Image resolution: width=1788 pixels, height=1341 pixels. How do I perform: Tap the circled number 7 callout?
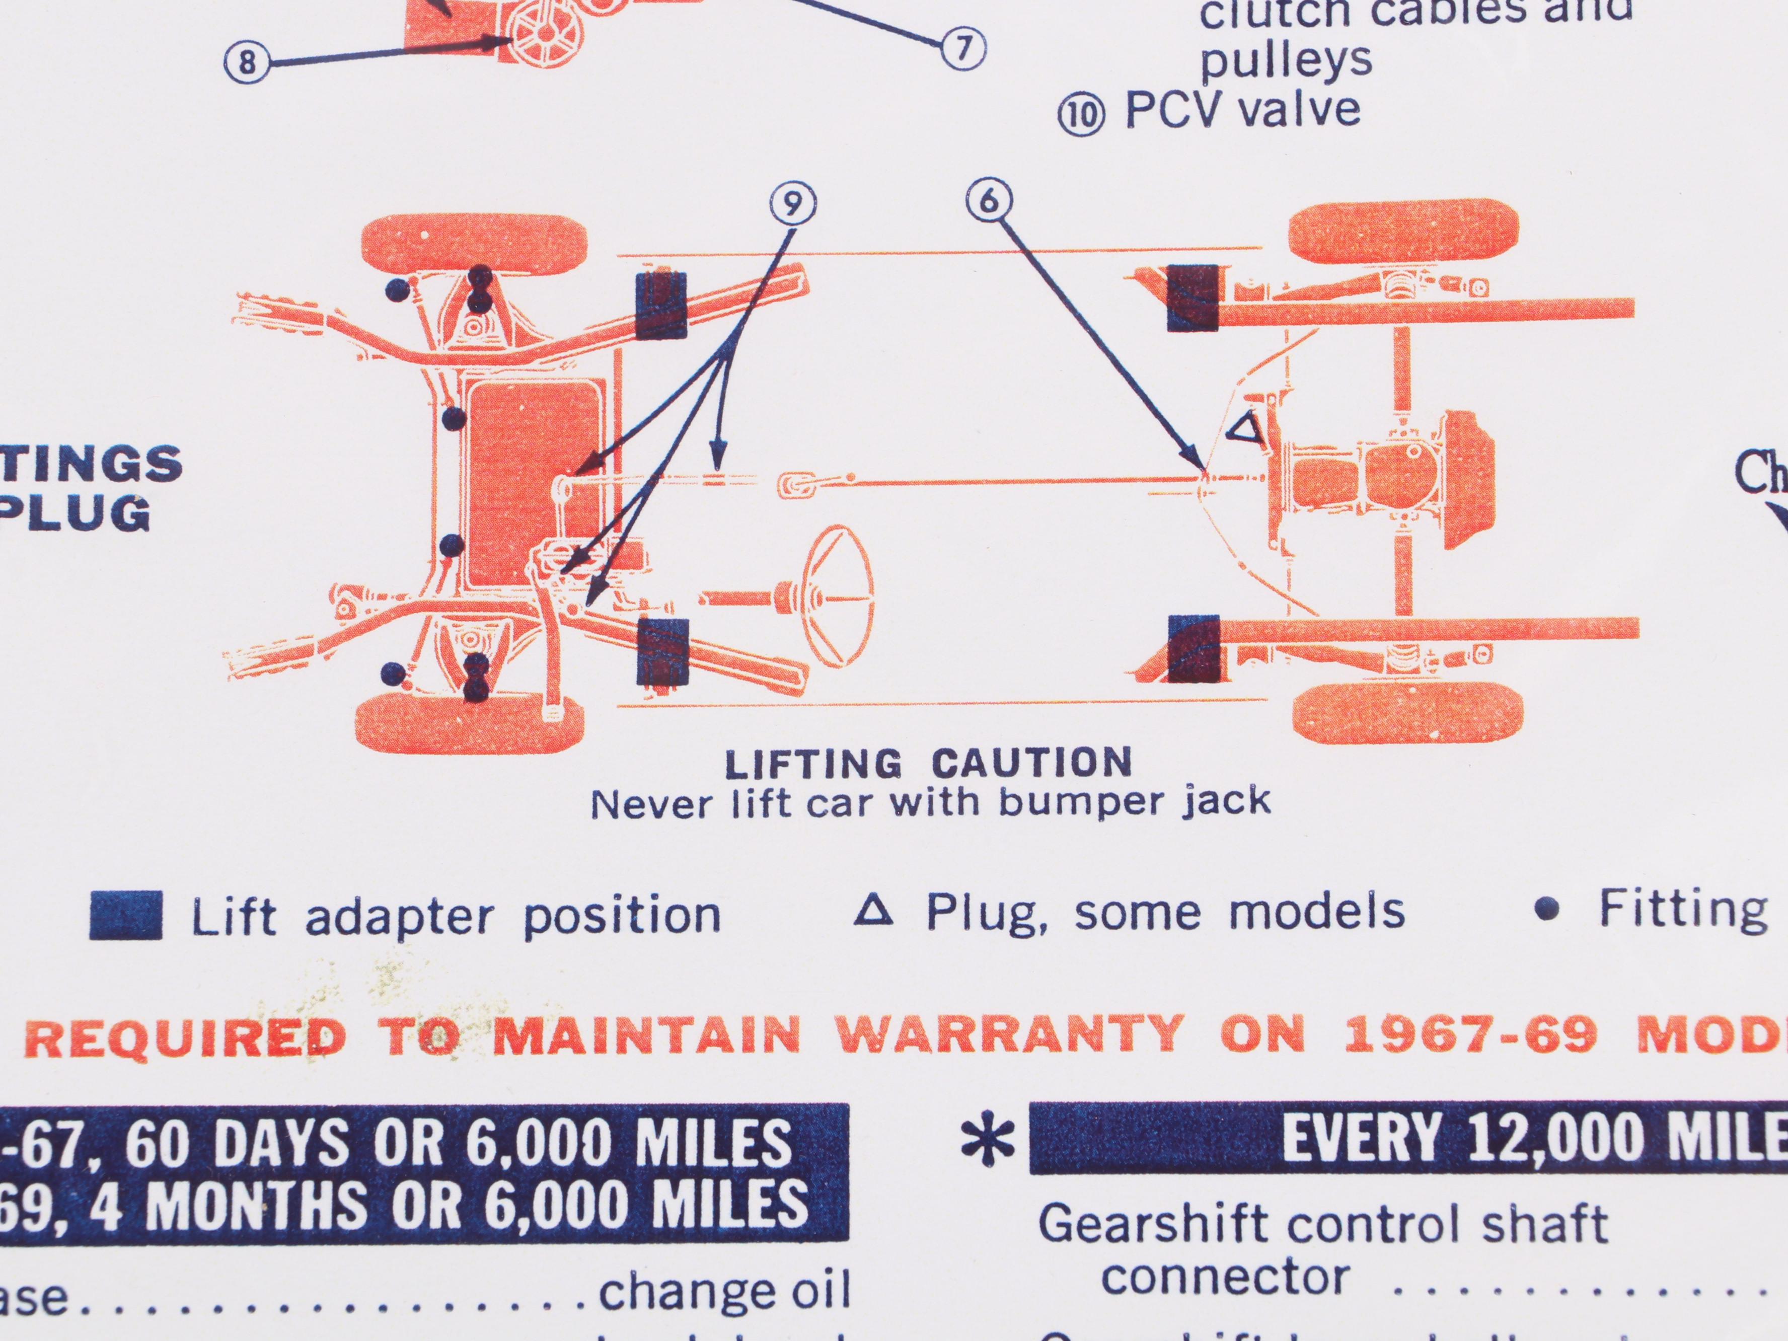coord(962,48)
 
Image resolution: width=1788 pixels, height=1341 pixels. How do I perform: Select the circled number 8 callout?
coord(247,62)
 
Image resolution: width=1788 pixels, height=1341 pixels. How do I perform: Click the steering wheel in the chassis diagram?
coord(837,595)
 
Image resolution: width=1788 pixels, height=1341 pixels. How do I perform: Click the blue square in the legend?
coord(126,915)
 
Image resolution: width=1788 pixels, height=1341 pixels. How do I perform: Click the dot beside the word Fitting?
coord(1547,911)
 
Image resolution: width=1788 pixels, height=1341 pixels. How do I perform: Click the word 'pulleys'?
coord(1285,60)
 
